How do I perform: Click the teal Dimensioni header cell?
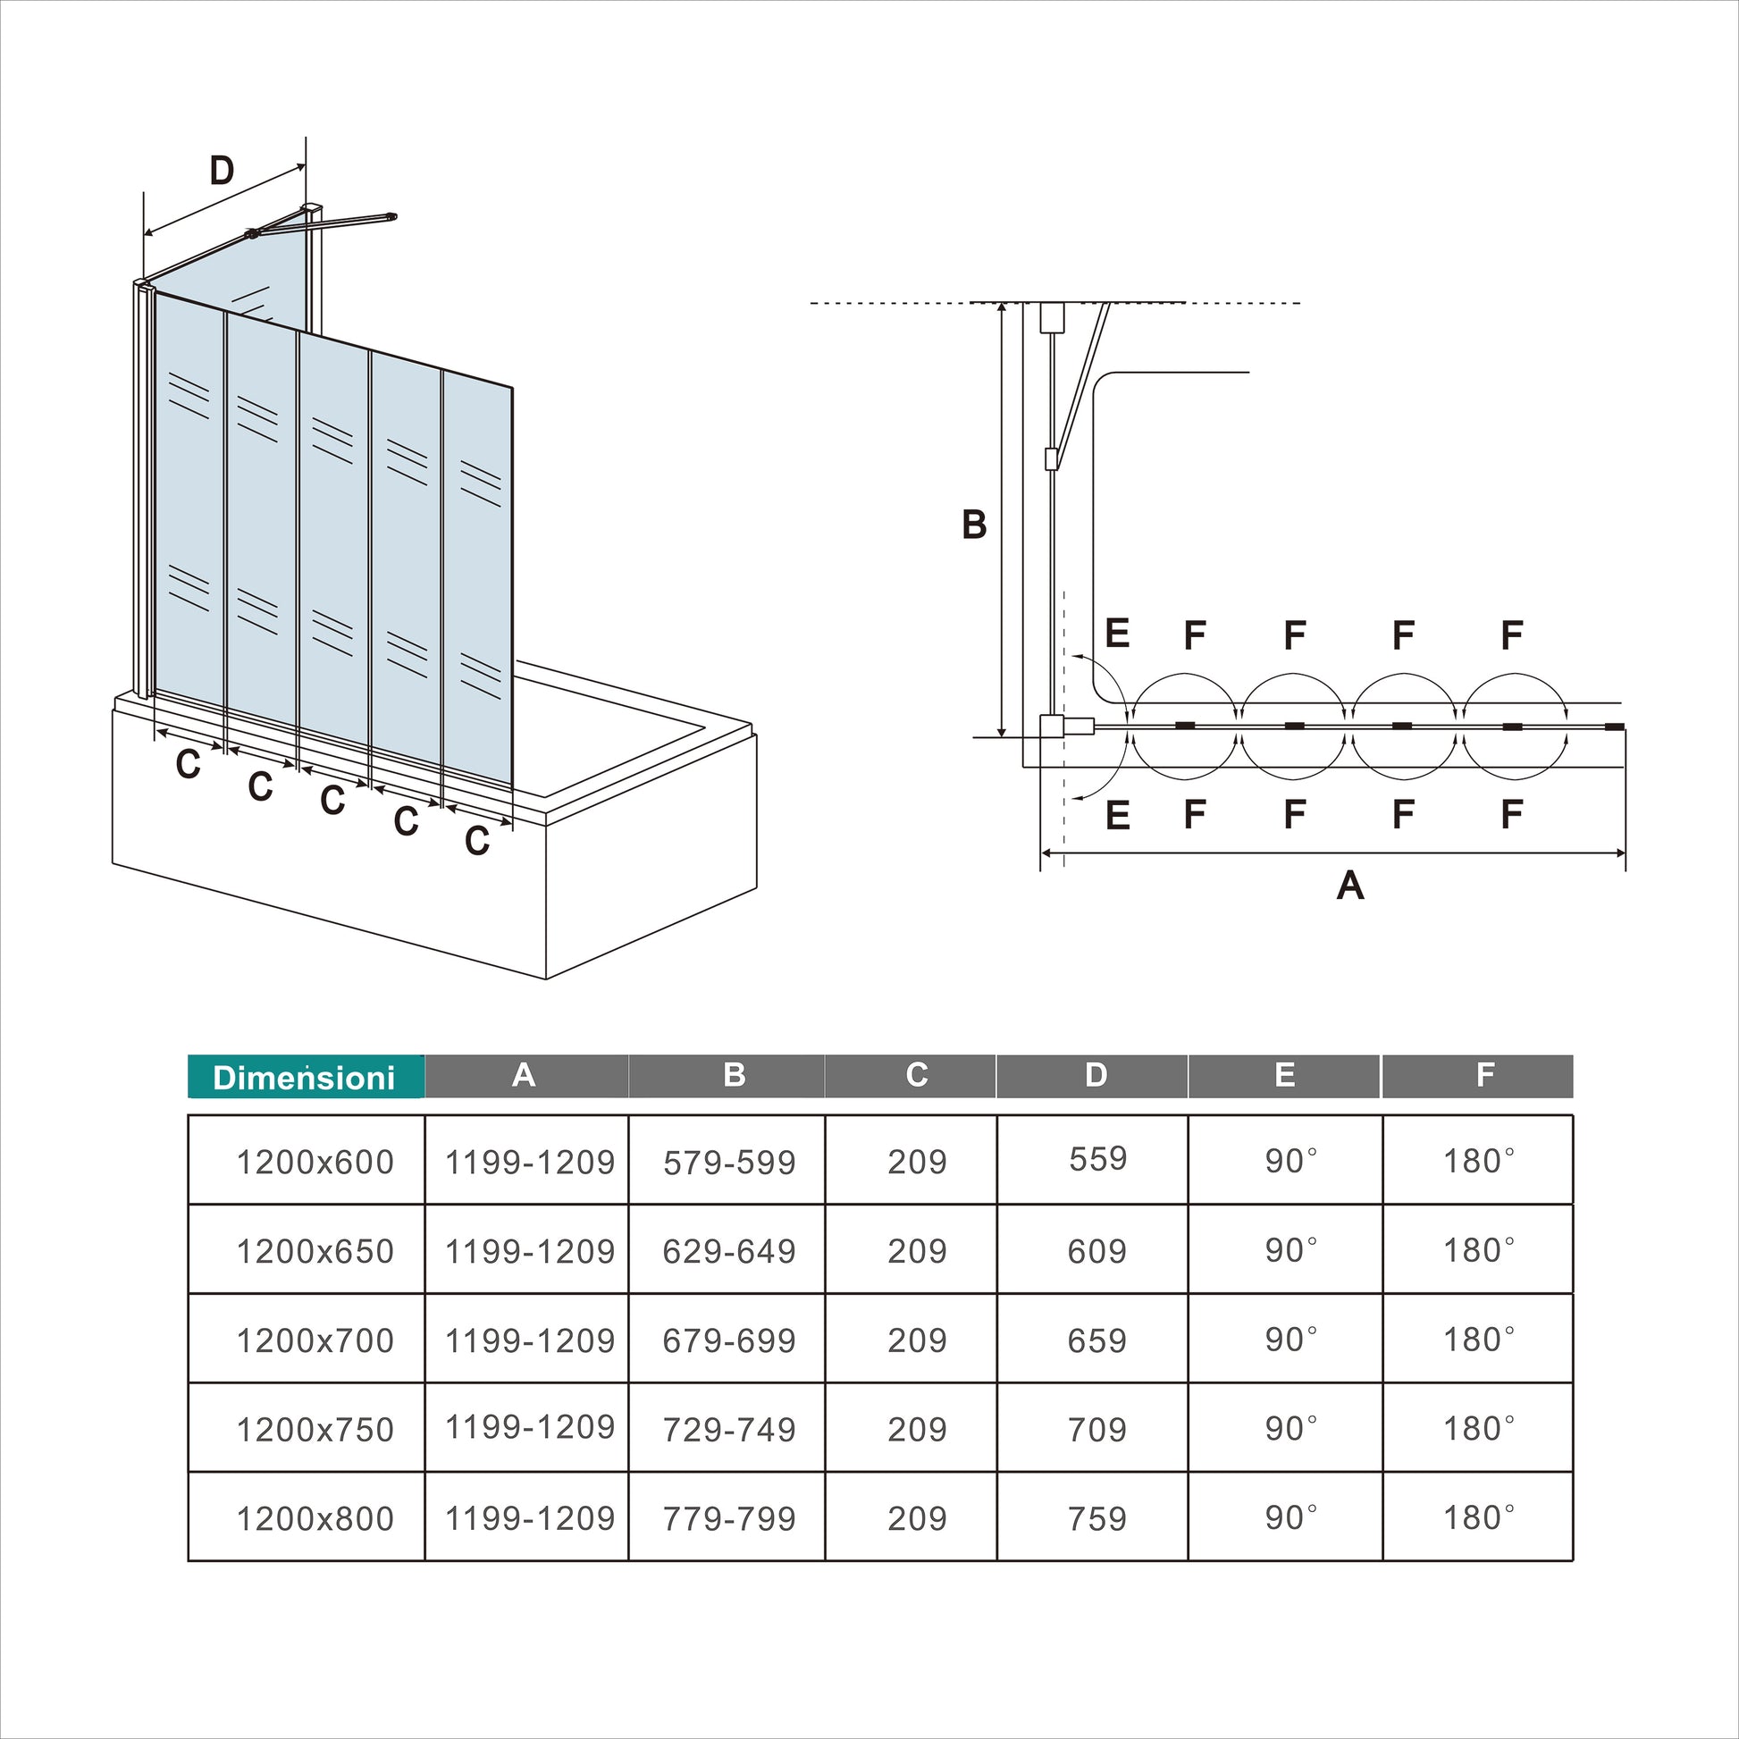(304, 1077)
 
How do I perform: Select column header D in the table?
(1096, 1075)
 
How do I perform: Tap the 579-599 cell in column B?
(729, 1163)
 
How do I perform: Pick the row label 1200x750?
(315, 1430)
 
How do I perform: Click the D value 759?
(1097, 1518)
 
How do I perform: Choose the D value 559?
(1097, 1158)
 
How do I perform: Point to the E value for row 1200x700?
(1290, 1340)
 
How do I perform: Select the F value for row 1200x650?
(1478, 1250)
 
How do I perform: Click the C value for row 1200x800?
(917, 1518)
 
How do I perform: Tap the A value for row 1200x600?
(529, 1163)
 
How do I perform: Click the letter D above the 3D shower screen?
(222, 170)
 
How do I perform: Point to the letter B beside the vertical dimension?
(974, 525)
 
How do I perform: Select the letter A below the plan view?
(1350, 886)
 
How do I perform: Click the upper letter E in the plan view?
(1117, 634)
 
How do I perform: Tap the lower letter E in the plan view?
(1117, 816)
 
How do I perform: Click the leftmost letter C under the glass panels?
(188, 764)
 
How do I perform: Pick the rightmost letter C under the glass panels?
(477, 841)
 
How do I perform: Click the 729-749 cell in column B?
(729, 1430)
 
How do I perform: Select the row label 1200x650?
(315, 1251)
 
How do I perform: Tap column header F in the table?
(1485, 1075)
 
